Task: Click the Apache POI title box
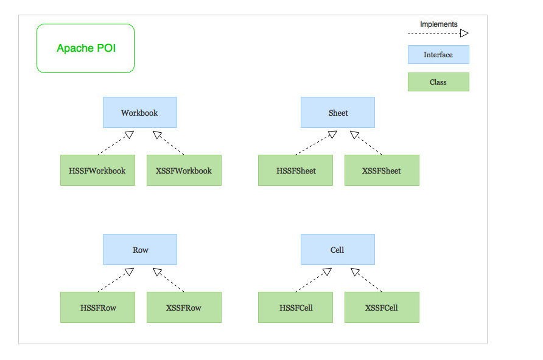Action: [x=85, y=49]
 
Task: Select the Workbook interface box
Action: [x=139, y=113]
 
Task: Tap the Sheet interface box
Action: [x=337, y=113]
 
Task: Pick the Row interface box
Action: [x=139, y=250]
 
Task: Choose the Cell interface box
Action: [x=337, y=250]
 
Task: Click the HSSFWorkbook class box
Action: [x=97, y=171]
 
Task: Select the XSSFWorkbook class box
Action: [x=184, y=171]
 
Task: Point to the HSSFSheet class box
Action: [x=295, y=171]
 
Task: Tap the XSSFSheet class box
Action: [x=382, y=171]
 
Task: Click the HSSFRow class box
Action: [x=97, y=308]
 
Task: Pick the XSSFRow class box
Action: [x=184, y=308]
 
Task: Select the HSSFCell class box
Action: [x=295, y=308]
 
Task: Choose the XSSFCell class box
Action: [x=382, y=308]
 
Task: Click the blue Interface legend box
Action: [x=438, y=55]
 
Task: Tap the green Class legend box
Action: [x=438, y=82]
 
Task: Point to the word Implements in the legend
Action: [x=438, y=24]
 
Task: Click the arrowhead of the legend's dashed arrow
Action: [x=464, y=34]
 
